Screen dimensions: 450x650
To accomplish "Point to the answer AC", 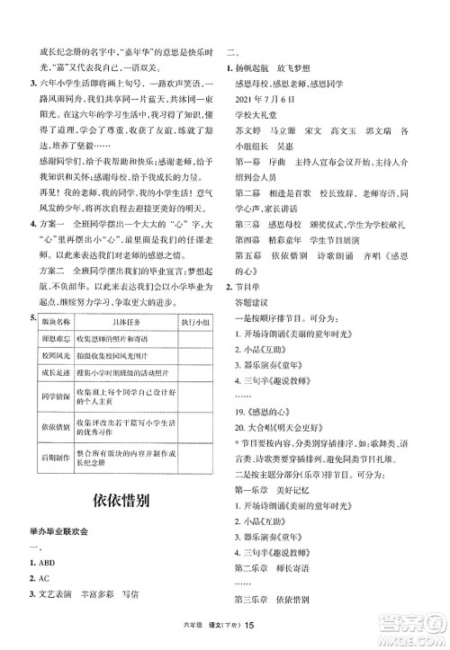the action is point(40,580).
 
